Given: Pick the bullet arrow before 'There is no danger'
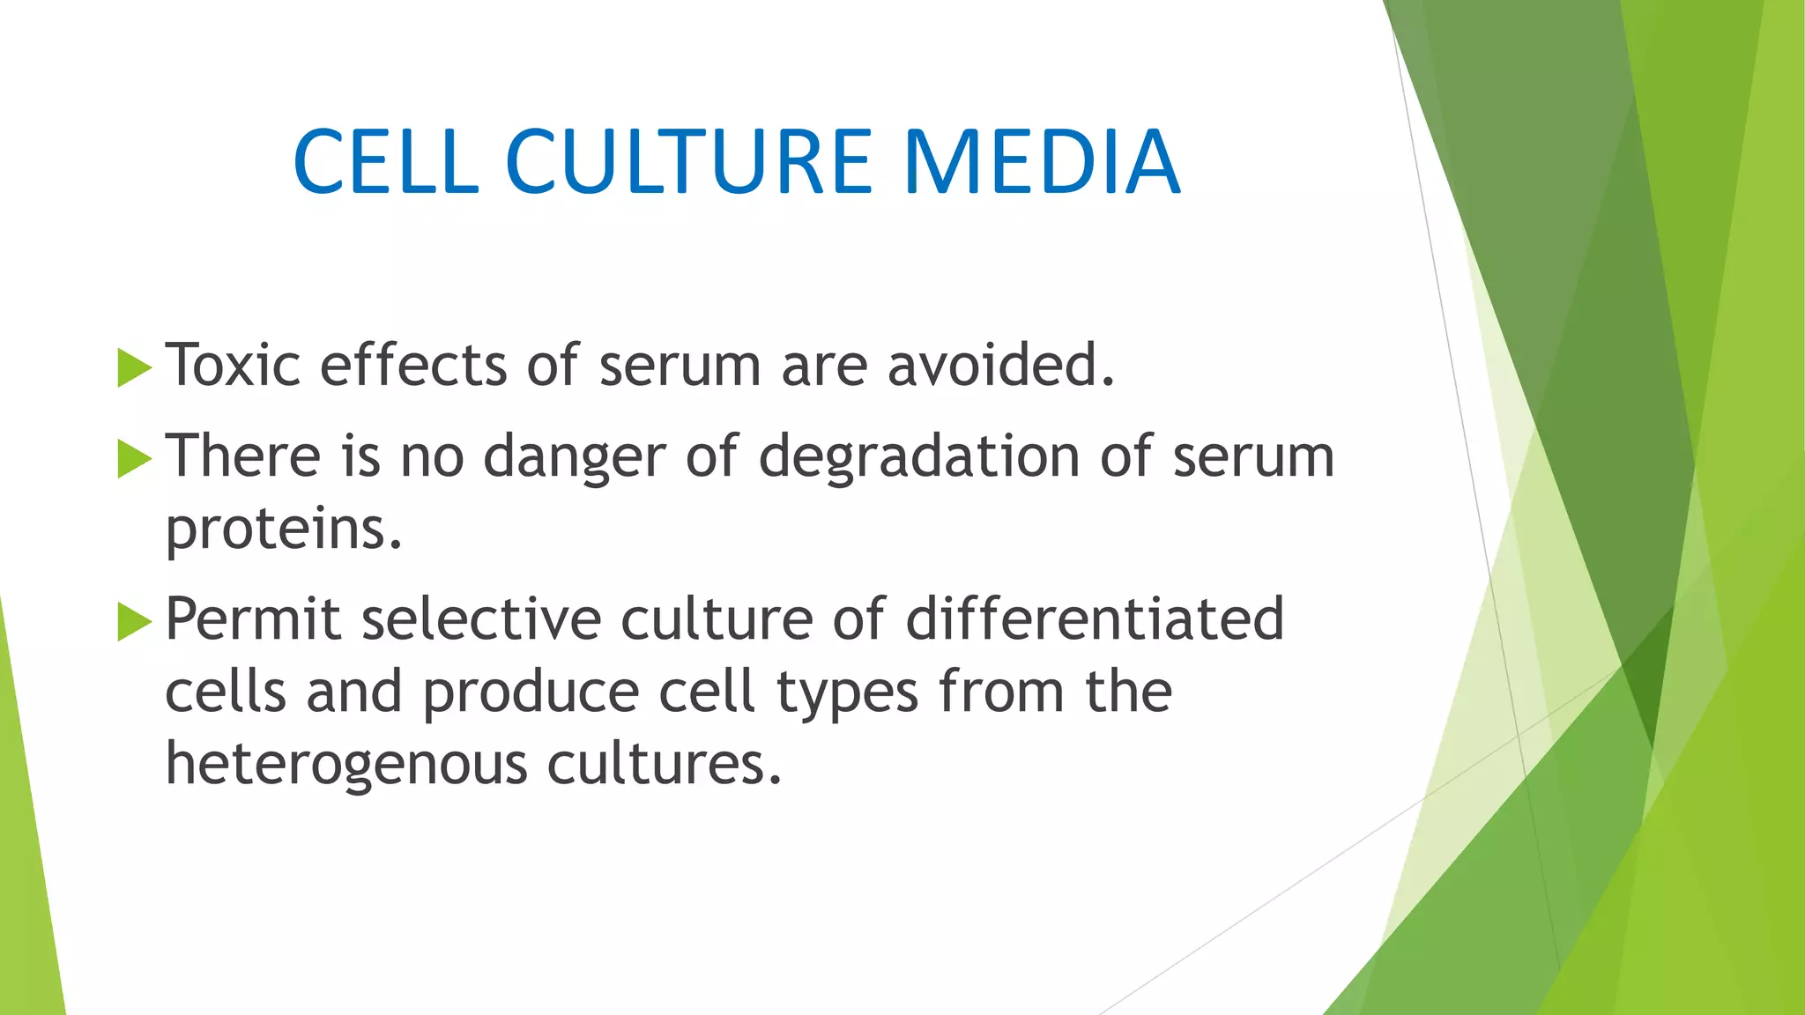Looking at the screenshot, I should click(134, 459).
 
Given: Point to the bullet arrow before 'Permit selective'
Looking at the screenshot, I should click(134, 622).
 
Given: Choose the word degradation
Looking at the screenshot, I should click(919, 456).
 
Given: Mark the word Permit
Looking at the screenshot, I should click(253, 619).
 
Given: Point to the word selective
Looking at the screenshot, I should click(481, 619).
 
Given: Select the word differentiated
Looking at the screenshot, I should click(1095, 619).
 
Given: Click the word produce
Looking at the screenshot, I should click(531, 693).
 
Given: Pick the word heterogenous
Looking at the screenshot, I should click(346, 765).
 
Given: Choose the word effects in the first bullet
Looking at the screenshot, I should click(412, 365).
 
